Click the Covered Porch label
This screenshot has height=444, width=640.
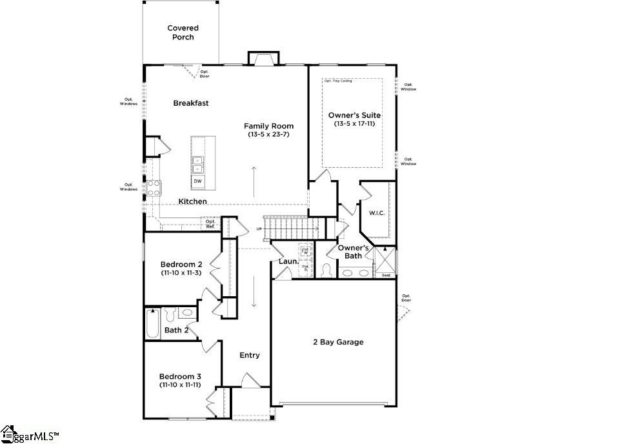click(x=183, y=32)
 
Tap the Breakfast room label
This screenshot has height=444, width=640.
click(x=190, y=103)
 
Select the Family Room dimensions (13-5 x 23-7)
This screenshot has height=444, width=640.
click(x=268, y=135)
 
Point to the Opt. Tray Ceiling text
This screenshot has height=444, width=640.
click(x=339, y=81)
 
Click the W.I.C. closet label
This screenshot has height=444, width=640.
click(x=377, y=213)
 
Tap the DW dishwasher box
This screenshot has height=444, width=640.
click(x=197, y=181)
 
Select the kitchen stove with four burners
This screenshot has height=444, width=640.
click(x=154, y=188)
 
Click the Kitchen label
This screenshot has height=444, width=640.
click(x=193, y=201)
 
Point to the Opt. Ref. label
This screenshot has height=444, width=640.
click(x=210, y=224)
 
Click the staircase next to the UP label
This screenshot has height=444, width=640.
click(x=294, y=227)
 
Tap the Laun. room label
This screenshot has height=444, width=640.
click(x=288, y=261)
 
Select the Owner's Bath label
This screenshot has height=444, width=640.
click(x=354, y=252)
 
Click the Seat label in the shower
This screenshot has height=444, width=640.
click(x=386, y=276)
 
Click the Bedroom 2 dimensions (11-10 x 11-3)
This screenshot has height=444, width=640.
click(x=182, y=273)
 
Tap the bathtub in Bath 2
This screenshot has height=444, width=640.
click(x=152, y=323)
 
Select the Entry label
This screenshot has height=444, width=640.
click(x=250, y=355)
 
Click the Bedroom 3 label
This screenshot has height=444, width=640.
click(x=181, y=376)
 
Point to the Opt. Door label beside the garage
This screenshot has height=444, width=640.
click(x=406, y=298)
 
